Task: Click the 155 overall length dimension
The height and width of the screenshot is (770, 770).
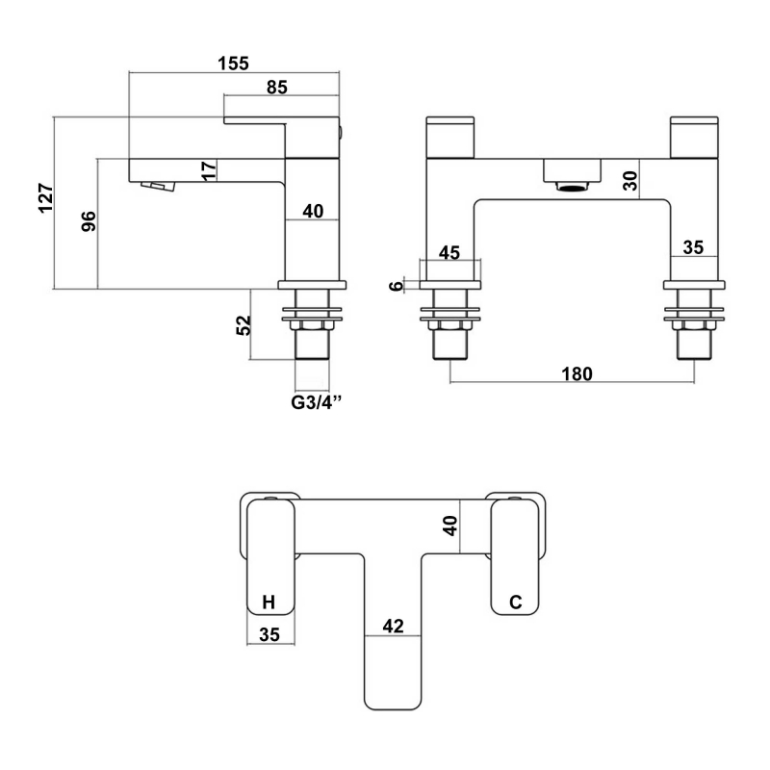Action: (233, 64)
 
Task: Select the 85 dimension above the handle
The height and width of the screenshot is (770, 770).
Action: (277, 88)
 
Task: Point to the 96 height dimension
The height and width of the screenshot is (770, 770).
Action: (88, 221)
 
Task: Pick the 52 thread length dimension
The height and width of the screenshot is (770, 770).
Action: (243, 324)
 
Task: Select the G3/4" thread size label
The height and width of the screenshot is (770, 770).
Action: (318, 403)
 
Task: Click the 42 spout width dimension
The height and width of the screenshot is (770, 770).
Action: (393, 626)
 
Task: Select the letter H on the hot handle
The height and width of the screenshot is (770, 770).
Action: (269, 603)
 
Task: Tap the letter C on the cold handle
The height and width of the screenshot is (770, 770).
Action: (515, 603)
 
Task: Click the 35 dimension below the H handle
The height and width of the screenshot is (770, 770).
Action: (269, 633)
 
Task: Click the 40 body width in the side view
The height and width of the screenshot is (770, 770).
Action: (314, 211)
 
